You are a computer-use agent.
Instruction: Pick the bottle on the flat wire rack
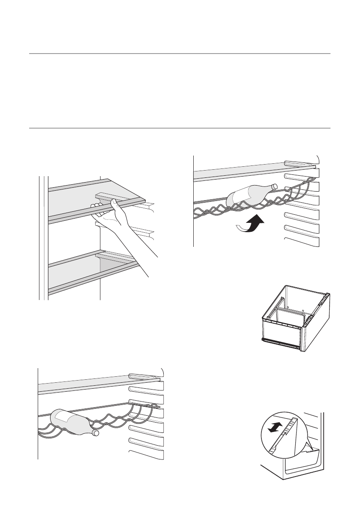point(71,422)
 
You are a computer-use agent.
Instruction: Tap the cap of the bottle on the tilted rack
point(275,186)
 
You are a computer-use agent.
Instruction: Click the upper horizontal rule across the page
point(180,54)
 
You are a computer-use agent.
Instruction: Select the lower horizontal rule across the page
point(180,128)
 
